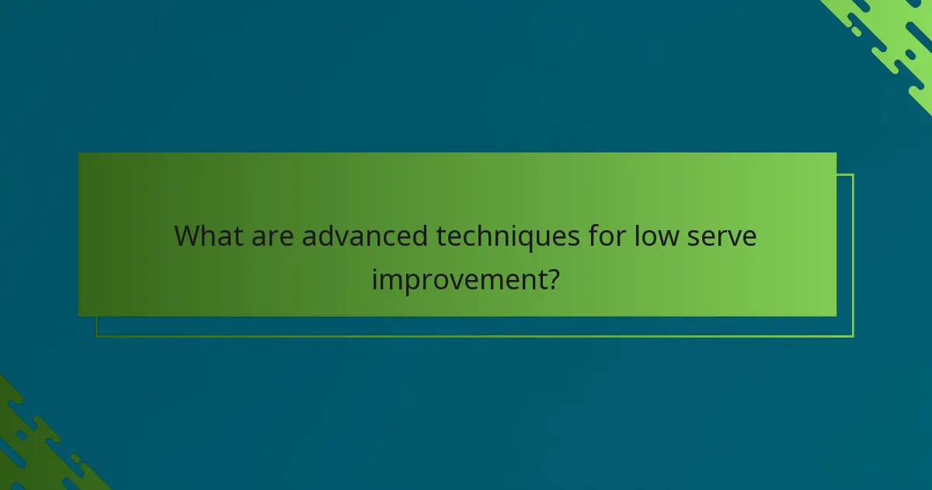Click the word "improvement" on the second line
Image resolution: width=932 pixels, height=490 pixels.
(456, 278)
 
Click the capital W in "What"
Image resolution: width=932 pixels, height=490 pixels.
(190, 235)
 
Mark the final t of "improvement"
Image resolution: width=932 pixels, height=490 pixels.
(537, 278)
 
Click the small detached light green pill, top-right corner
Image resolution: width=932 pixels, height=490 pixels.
(855, 31)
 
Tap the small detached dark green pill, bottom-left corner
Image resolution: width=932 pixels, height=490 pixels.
(76, 459)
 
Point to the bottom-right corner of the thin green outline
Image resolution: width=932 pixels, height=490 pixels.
(853, 336)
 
